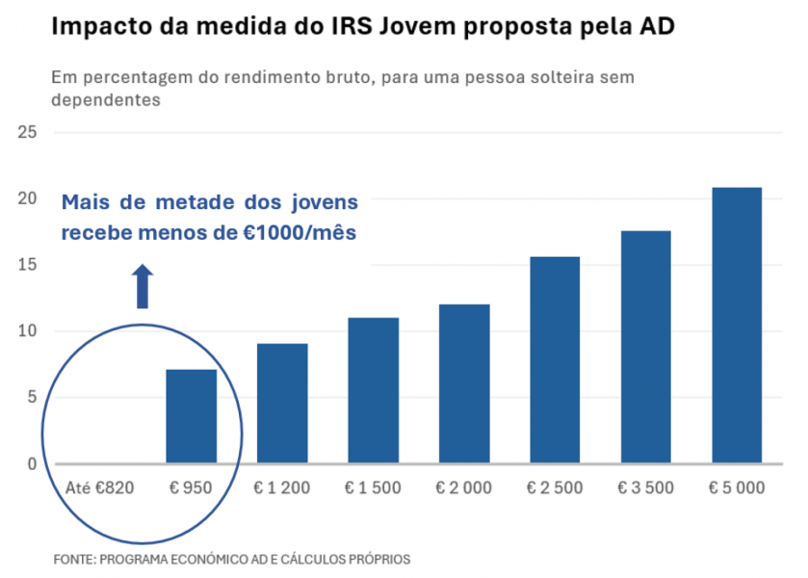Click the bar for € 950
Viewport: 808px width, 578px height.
191,416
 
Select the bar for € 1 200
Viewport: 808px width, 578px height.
282,404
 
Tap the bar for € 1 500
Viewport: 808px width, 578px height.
373,390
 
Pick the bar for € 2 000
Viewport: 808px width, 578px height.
464,383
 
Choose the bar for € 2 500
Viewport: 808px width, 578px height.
555,359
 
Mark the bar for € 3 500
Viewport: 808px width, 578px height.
645,347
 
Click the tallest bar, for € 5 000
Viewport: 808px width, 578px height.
737,326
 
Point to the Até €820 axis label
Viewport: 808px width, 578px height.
100,487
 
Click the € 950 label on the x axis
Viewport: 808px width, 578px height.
191,487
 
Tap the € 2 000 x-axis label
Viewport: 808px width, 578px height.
464,487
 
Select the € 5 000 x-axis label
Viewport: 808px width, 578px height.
737,487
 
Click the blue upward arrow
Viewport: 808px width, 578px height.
143,286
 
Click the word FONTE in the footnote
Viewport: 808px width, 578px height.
76,559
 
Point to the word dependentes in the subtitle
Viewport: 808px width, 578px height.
104,98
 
